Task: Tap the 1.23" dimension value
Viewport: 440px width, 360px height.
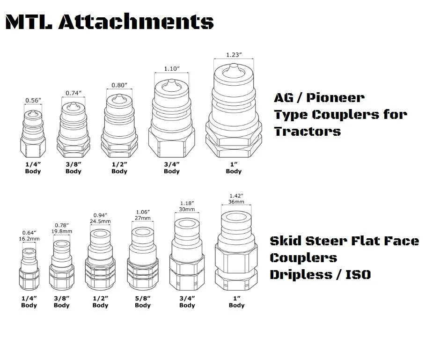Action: pyautogui.click(x=234, y=55)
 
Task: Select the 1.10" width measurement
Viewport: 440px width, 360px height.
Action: pyautogui.click(x=172, y=69)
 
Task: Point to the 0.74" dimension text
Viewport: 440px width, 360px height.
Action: pyautogui.click(x=73, y=93)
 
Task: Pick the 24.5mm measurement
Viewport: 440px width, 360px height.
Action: pyautogui.click(x=100, y=221)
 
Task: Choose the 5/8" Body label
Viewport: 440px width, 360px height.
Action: pyautogui.click(x=143, y=301)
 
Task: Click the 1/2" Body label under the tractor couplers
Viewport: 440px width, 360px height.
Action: pyautogui.click(x=119, y=168)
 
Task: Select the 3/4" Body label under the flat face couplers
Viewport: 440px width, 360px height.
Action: pyautogui.click(x=187, y=301)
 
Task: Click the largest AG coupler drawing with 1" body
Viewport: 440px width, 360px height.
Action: pyautogui.click(x=234, y=112)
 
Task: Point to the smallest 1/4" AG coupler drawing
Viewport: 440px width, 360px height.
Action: pyautogui.click(x=32, y=133)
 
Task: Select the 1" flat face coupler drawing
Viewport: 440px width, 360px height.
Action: pyautogui.click(x=236, y=253)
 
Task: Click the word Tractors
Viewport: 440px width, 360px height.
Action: pyautogui.click(x=308, y=131)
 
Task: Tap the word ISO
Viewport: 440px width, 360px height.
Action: pyautogui.click(x=358, y=274)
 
